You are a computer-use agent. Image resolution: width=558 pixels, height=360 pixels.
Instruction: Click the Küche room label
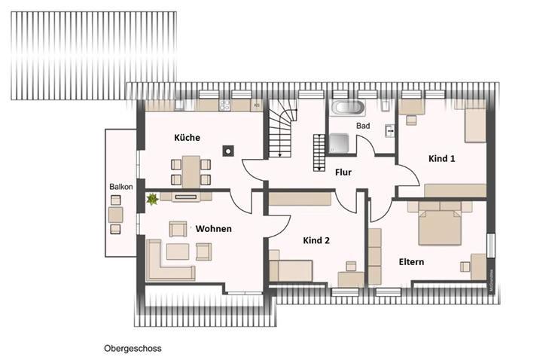[x=187, y=138]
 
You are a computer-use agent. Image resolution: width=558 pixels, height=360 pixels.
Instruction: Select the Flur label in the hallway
[x=343, y=172]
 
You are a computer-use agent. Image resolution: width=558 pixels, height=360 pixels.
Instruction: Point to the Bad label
[x=363, y=126]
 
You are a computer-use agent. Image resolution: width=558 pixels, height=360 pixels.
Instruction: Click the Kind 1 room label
[x=441, y=159]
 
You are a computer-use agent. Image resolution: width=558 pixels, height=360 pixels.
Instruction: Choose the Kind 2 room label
[x=317, y=240]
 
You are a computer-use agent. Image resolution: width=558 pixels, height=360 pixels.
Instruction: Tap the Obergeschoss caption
[x=133, y=349]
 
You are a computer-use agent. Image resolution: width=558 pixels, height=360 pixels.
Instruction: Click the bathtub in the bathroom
[x=349, y=107]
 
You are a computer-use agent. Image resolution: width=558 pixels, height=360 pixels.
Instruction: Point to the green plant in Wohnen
[x=153, y=199]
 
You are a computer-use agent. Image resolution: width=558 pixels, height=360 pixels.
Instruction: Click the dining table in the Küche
[x=191, y=171]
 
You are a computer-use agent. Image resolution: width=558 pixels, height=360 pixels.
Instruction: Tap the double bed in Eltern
[x=439, y=224]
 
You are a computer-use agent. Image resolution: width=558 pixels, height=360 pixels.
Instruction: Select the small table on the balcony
[x=115, y=215]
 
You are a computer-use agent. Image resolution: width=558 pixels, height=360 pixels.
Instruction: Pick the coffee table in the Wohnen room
[x=178, y=252]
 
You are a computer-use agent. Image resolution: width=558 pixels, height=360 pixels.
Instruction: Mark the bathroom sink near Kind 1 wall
[x=389, y=130]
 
